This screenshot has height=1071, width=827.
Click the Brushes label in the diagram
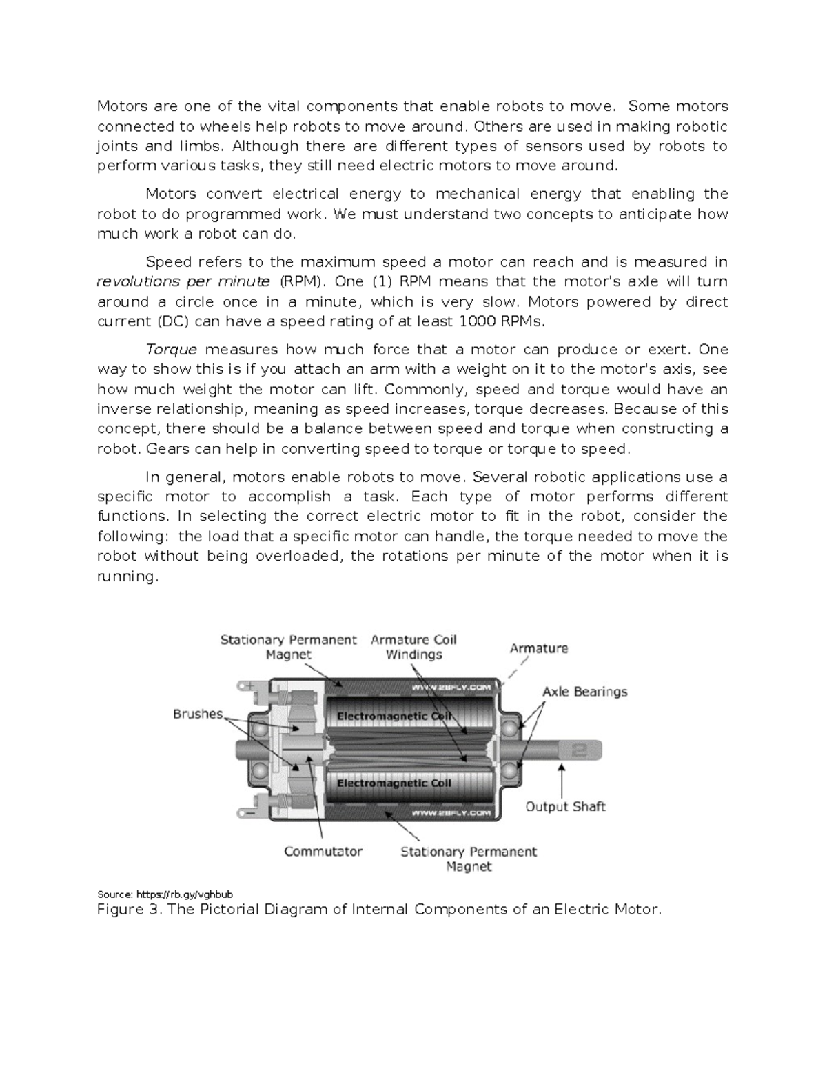click(x=198, y=714)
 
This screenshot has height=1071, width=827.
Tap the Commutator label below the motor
click(x=323, y=851)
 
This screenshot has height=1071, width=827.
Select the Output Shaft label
click(x=565, y=806)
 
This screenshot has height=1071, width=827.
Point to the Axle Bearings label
click(x=584, y=691)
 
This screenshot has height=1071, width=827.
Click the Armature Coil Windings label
click(x=413, y=647)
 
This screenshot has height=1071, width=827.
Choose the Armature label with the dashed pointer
click(x=538, y=648)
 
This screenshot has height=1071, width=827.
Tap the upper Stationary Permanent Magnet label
click(x=288, y=647)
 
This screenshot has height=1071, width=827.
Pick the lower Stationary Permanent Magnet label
click(x=469, y=859)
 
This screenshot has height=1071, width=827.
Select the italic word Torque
click(x=172, y=350)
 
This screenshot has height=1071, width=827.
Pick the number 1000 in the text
click(x=479, y=321)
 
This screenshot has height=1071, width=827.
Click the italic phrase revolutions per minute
click(x=183, y=281)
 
